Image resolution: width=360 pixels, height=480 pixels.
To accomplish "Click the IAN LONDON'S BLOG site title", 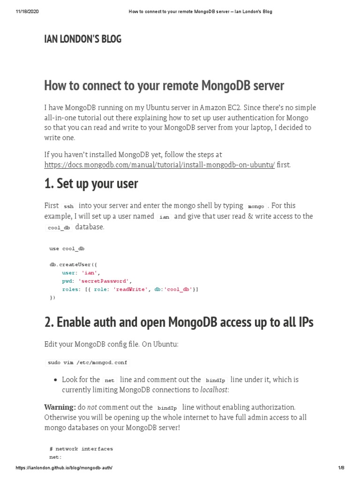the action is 82,39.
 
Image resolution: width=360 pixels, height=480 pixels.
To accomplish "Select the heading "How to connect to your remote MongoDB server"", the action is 164,86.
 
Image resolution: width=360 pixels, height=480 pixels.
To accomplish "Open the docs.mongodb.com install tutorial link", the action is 159,165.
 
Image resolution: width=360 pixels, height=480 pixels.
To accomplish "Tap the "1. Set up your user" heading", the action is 91,183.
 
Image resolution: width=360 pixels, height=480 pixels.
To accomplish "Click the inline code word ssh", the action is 68,206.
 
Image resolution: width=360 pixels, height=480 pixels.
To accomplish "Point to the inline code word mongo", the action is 256,206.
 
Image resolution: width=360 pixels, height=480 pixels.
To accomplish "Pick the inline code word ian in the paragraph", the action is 164,217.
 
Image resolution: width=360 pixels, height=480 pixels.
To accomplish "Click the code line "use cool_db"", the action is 67,248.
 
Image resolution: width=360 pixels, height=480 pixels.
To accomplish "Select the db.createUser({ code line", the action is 73,264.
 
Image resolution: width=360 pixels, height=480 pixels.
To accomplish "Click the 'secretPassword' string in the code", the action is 103,281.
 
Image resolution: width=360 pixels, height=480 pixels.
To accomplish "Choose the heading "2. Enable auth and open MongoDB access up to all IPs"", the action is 179,322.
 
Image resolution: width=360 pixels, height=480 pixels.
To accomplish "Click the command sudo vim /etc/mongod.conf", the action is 87,362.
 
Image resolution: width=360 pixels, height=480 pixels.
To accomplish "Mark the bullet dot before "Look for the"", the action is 56,380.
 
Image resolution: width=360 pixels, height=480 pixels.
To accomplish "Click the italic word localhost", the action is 214,390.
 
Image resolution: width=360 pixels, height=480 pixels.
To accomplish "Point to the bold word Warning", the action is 60,407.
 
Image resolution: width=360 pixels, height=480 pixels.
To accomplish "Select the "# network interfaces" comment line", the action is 81,449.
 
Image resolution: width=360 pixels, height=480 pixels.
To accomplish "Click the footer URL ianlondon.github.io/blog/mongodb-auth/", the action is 64,468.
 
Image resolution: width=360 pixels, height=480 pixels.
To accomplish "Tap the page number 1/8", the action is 341,468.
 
